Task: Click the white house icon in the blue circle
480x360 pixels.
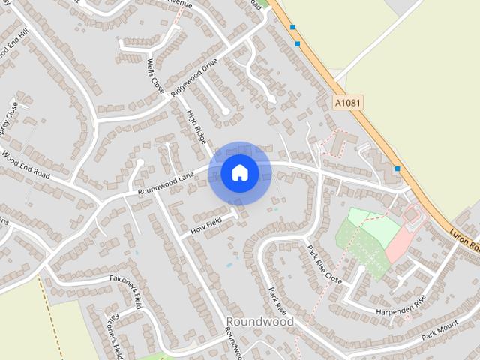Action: point(240,173)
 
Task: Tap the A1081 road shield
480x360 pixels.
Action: point(346,101)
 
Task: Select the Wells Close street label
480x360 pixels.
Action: point(155,76)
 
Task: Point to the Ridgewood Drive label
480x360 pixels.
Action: point(193,76)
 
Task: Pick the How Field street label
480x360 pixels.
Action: point(205,222)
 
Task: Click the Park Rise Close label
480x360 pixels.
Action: point(324,263)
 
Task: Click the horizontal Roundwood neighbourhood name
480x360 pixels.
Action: point(259,321)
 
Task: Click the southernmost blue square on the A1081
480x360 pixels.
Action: point(397,169)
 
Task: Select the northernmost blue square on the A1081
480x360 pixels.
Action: point(292,28)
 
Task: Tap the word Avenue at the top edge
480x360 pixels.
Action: point(180,4)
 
